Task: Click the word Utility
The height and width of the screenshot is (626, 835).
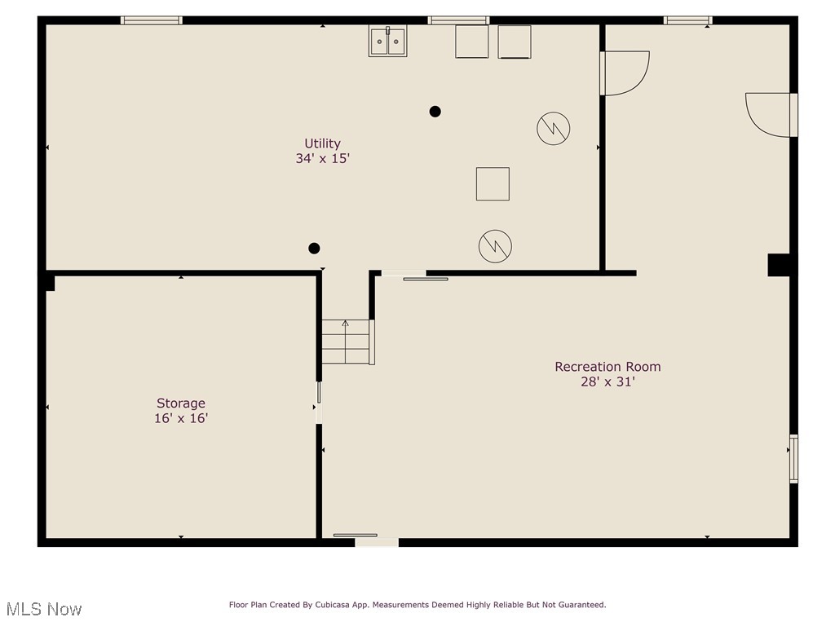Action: pyautogui.click(x=322, y=143)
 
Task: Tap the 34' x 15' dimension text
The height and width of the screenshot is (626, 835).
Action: pyautogui.click(x=322, y=159)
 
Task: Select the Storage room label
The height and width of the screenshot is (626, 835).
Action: pyautogui.click(x=181, y=403)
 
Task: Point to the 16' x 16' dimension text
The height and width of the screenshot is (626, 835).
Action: pyautogui.click(x=181, y=418)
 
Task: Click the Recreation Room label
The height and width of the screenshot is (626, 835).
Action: pyautogui.click(x=607, y=367)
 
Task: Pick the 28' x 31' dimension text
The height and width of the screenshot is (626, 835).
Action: pyautogui.click(x=607, y=381)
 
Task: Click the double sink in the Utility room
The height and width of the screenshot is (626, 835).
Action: pyautogui.click(x=387, y=42)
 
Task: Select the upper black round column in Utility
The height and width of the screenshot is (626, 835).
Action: pyautogui.click(x=435, y=111)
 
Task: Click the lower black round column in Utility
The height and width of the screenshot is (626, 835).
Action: pyautogui.click(x=314, y=249)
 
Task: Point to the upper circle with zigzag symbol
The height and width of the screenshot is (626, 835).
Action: pyautogui.click(x=553, y=128)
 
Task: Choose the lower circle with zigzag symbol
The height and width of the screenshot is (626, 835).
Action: pyautogui.click(x=495, y=246)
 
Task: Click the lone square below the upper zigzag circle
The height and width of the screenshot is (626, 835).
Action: pyautogui.click(x=493, y=183)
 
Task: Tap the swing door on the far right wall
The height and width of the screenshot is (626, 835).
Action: pyautogui.click(x=771, y=114)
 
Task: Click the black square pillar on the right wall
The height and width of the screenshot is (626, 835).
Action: pyautogui.click(x=778, y=265)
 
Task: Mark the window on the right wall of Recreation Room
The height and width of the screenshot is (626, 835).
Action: pyautogui.click(x=793, y=459)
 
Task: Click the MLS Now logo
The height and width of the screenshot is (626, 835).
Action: pyautogui.click(x=43, y=609)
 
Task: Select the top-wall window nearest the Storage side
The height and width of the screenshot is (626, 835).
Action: pyautogui.click(x=152, y=20)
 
